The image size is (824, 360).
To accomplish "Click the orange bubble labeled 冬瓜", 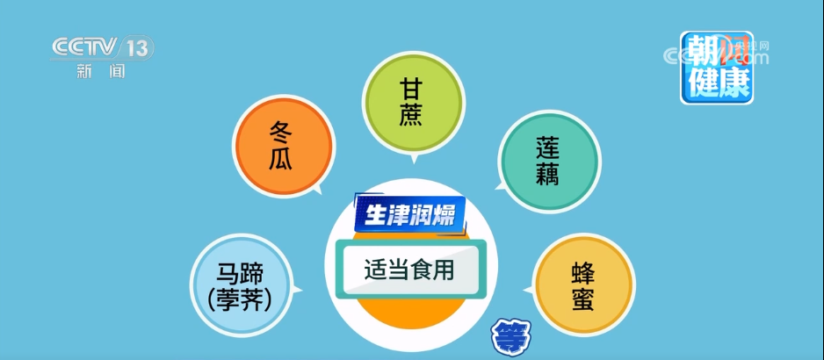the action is point(283,147).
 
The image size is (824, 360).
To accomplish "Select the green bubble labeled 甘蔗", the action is point(413,103).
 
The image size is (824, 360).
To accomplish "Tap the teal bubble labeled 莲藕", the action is point(549,161).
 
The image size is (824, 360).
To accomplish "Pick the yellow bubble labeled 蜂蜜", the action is point(584,287).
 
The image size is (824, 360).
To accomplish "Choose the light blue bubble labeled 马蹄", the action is point(241,285).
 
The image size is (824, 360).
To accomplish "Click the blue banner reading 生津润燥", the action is point(410,214).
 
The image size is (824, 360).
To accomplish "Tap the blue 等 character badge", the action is point(511,337).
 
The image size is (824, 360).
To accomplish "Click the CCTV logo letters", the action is point(84,47).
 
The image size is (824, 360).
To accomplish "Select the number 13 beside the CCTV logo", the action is point(137,48).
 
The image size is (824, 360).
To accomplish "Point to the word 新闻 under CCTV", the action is point(101,70).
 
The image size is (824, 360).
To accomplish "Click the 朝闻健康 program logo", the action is point(716,68).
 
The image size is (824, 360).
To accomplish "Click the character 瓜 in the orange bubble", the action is point(280,159).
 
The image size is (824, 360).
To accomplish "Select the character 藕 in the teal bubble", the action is point(547,174).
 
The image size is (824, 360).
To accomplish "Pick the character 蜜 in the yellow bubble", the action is point(582,299).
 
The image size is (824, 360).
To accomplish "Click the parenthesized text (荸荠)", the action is point(240,300).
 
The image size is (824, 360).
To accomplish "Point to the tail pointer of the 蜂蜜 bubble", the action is point(528,290).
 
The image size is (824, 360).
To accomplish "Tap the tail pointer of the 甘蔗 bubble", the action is point(414,159).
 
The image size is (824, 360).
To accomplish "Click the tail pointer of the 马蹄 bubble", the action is point(297,289).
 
